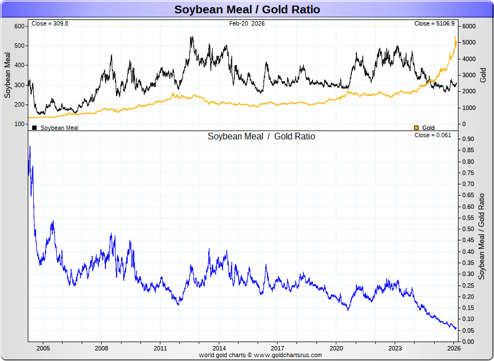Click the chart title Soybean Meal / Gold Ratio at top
click(247, 9)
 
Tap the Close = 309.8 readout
click(50, 24)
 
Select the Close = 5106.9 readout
click(435, 24)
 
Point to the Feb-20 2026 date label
click(247, 24)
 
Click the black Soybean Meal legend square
click(34, 128)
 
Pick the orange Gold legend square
click(416, 128)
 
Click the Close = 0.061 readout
click(433, 135)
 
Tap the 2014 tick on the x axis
click(219, 348)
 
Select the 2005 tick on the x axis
click(43, 348)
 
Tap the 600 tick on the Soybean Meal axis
click(19, 26)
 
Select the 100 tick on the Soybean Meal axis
click(19, 124)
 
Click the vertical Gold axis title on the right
click(483, 75)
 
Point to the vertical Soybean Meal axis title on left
click(8, 75)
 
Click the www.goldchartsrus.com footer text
click(288, 355)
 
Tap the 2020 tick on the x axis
click(336, 348)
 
